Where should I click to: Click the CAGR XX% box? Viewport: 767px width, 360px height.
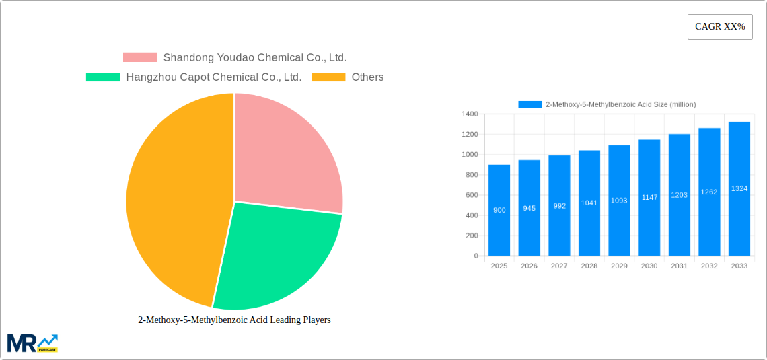tap(719, 27)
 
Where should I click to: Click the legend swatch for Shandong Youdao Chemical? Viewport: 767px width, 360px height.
tap(139, 58)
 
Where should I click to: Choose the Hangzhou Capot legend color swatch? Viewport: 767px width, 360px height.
tap(102, 77)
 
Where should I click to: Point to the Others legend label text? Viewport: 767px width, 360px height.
tap(367, 77)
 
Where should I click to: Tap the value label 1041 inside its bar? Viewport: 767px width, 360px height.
tap(589, 203)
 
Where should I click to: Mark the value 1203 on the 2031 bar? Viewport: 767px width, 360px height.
tap(680, 195)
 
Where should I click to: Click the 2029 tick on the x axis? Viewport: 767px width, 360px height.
tap(619, 266)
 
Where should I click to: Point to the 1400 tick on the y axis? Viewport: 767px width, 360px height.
tap(469, 114)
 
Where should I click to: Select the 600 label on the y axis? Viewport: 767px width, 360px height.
tap(470, 195)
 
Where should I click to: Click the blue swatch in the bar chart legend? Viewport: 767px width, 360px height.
tap(529, 104)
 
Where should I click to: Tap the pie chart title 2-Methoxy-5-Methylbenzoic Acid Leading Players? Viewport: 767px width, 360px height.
tap(234, 320)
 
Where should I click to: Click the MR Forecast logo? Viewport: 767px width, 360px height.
tap(32, 343)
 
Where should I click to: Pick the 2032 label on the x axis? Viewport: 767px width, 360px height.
tap(709, 266)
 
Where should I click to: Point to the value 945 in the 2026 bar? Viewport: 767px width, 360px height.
tap(529, 208)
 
